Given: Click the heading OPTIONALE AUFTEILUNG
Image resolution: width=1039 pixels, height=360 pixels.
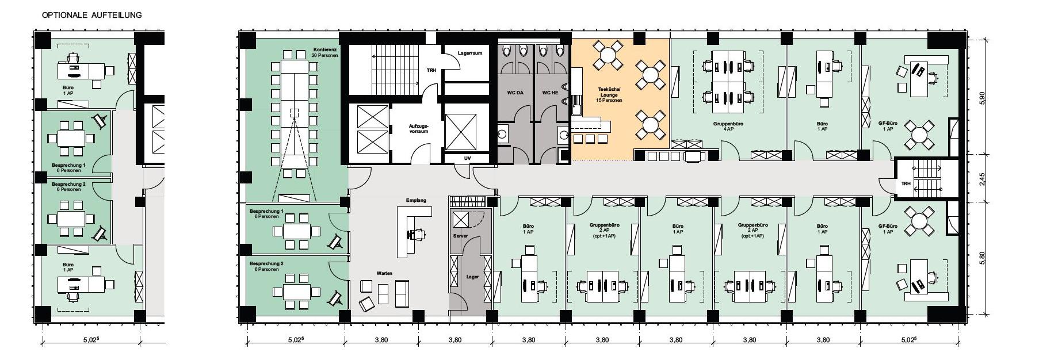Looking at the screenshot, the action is [x=91, y=15].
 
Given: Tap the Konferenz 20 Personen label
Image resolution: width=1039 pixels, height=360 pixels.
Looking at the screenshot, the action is [x=324, y=52].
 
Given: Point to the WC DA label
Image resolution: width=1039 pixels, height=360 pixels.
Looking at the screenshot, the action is [x=515, y=93].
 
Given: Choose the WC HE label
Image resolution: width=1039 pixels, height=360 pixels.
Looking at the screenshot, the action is [x=550, y=93].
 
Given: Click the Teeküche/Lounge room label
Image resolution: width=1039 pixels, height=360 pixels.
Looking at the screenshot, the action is [x=610, y=95].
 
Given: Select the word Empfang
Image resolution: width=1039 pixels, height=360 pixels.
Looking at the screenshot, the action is [x=416, y=200].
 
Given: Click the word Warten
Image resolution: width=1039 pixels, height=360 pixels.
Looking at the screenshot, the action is [x=384, y=273].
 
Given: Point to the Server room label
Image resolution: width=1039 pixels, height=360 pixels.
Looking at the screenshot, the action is [x=460, y=236].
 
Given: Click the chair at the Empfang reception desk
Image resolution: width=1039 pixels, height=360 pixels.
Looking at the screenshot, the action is [x=419, y=233].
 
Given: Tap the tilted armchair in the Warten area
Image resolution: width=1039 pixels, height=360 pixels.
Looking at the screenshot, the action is [x=366, y=303].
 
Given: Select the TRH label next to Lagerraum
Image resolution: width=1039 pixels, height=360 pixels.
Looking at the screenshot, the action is [x=431, y=70].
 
